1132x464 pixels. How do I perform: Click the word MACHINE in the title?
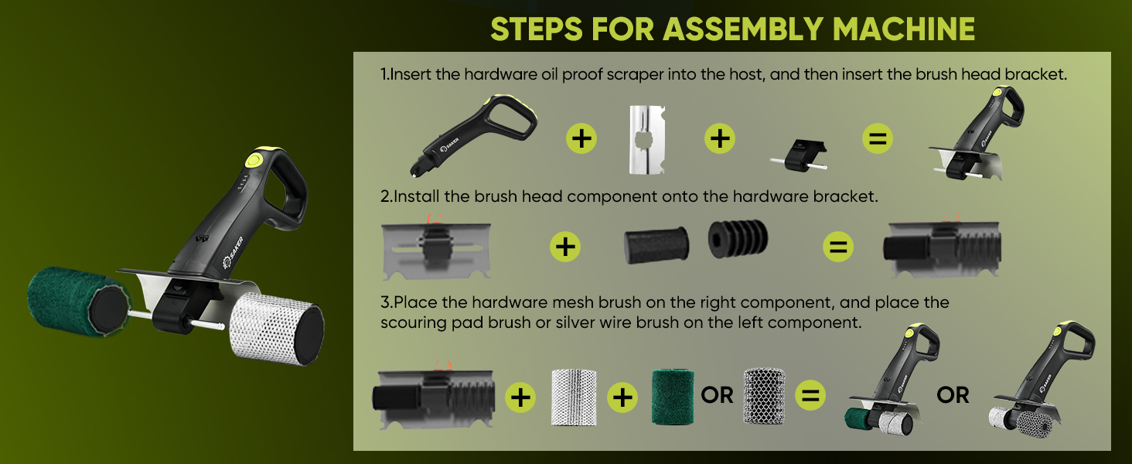904,29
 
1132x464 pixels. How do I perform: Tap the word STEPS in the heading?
537,29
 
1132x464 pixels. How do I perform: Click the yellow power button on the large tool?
253,161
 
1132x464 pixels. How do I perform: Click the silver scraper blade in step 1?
647,139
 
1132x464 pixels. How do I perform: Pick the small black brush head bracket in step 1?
800,155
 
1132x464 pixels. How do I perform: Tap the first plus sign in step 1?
581,138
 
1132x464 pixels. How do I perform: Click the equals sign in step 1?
878,138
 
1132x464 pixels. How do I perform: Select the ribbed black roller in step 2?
738,238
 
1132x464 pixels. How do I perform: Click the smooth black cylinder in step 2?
656,245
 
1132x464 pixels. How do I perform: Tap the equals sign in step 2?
838,247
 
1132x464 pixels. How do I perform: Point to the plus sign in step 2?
565,247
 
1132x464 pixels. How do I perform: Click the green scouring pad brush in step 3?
673,397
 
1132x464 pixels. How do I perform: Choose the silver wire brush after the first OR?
764,396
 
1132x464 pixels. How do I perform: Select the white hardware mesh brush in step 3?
574,397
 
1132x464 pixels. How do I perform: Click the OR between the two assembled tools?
953,395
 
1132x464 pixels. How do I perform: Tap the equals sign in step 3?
810,395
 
